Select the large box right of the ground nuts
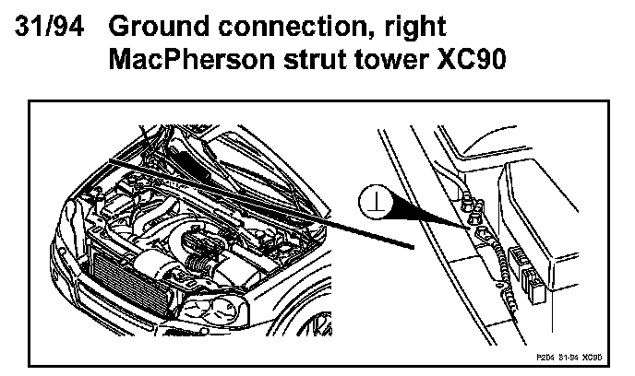(x=559, y=221)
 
